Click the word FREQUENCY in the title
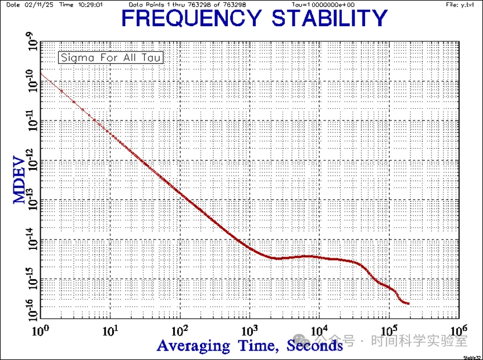point(190,18)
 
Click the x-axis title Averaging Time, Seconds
point(250,345)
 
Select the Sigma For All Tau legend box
point(111,57)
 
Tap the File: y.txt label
point(460,4)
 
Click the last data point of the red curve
point(409,304)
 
